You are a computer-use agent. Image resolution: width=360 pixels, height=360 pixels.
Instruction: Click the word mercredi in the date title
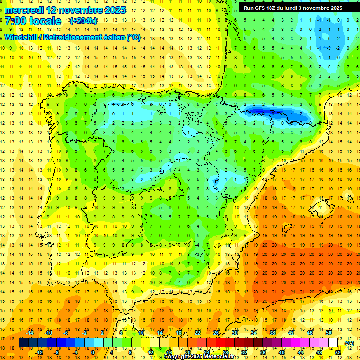[24, 10]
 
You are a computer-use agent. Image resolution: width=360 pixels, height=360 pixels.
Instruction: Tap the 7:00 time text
[17, 22]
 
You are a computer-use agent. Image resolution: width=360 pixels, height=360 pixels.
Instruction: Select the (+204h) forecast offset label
[83, 21]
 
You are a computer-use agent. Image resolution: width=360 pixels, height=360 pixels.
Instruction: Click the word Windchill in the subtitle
[23, 37]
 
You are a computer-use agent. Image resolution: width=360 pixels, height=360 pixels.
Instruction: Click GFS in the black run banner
[262, 8]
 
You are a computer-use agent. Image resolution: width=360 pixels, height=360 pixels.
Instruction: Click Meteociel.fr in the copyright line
[217, 357]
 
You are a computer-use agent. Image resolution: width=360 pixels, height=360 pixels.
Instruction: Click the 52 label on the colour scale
[338, 352]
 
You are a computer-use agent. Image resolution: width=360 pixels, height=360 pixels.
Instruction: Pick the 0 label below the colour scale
[92, 352]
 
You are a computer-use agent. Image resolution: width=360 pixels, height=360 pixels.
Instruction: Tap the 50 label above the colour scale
[329, 333]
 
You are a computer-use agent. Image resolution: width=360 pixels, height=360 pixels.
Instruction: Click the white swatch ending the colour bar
[333, 343]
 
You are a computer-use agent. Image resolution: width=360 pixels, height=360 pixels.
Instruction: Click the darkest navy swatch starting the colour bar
[23, 343]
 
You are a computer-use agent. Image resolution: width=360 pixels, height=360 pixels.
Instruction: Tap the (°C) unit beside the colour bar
[349, 343]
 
